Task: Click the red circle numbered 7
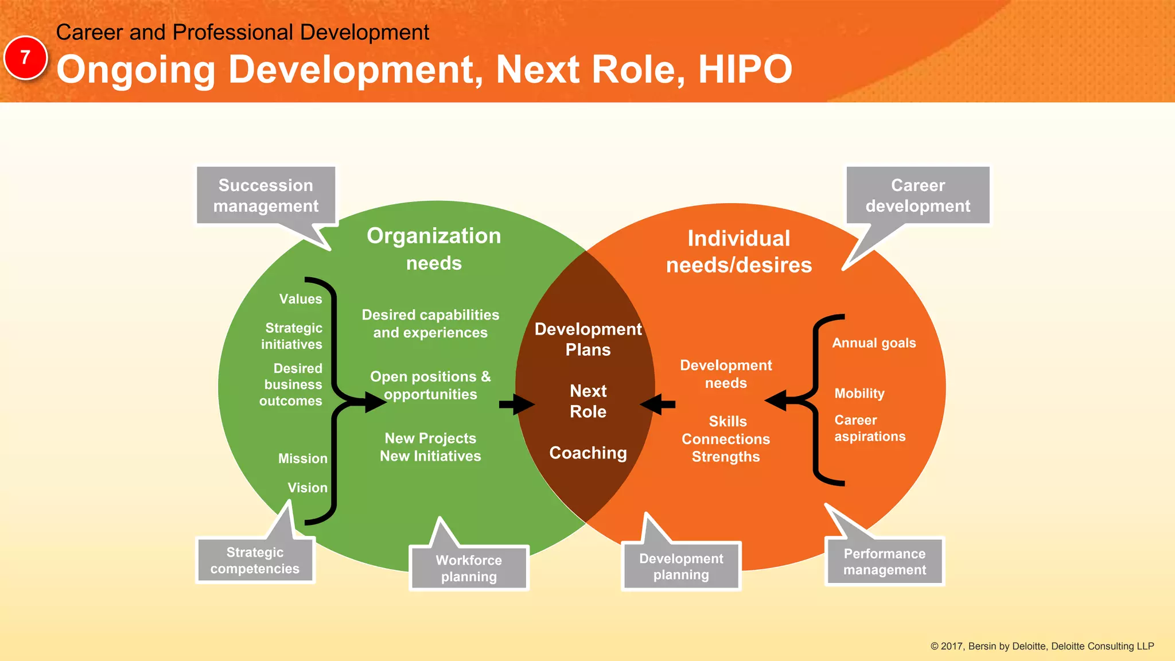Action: tap(25, 57)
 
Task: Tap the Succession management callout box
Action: tap(266, 195)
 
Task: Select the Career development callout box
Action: tap(917, 195)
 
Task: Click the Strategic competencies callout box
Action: tap(255, 561)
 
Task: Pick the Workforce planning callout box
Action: tap(469, 568)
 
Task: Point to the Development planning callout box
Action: tap(681, 566)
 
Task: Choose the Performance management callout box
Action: tap(884, 562)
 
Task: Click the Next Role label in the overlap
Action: tap(588, 401)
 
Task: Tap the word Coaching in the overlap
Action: tap(588, 453)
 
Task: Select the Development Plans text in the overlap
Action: tap(588, 339)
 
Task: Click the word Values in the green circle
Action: tap(301, 299)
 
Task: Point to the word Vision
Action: tap(308, 488)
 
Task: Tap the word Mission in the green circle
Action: tap(303, 458)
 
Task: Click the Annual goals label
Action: tap(874, 343)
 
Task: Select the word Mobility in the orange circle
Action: tap(859, 394)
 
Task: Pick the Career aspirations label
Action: tap(870, 428)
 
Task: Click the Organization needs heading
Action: tap(434, 249)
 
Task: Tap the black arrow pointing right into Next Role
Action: tap(516, 405)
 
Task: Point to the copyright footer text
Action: tap(1042, 646)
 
